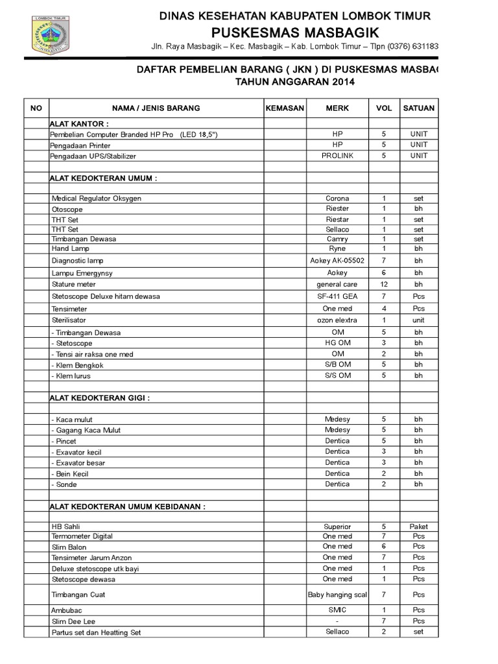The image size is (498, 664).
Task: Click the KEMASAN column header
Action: pyautogui.click(x=285, y=108)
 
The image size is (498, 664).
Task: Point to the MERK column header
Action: pyautogui.click(x=337, y=108)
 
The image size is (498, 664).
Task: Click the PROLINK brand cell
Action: pyautogui.click(x=337, y=156)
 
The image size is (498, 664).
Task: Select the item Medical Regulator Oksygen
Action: pyautogui.click(x=97, y=198)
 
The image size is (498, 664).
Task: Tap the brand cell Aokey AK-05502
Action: pyautogui.click(x=337, y=261)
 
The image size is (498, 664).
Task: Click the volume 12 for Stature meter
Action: pyautogui.click(x=384, y=284)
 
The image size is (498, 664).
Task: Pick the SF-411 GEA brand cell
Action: pyautogui.click(x=337, y=296)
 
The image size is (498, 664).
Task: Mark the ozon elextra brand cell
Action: pyautogui.click(x=337, y=320)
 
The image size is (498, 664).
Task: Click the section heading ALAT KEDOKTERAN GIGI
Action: pyautogui.click(x=100, y=397)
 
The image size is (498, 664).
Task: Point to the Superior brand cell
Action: pyautogui.click(x=337, y=527)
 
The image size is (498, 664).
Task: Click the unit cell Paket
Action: pyautogui.click(x=419, y=527)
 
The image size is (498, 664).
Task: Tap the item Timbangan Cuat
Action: pyautogui.click(x=78, y=595)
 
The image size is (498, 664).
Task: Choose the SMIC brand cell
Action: pyautogui.click(x=337, y=610)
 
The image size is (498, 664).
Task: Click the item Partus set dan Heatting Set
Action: pyautogui.click(x=96, y=632)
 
